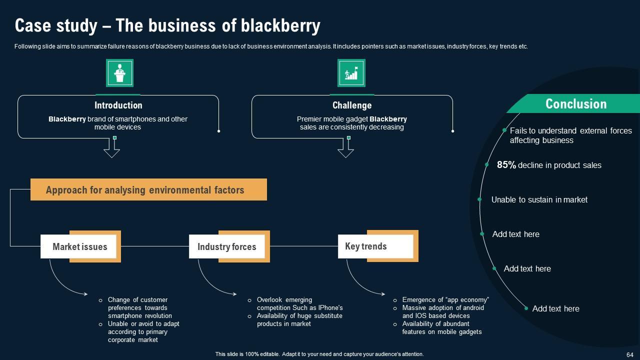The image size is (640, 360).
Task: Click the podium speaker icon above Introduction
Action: (x=119, y=73)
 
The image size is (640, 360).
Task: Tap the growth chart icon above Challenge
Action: (x=351, y=73)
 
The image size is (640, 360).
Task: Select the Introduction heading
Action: (x=118, y=105)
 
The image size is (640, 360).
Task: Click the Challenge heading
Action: (x=352, y=105)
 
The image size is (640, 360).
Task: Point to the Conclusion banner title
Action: (x=575, y=104)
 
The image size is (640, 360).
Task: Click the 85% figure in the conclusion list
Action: (x=506, y=165)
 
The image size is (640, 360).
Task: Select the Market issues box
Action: (x=80, y=246)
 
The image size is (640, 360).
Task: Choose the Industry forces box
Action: (x=226, y=246)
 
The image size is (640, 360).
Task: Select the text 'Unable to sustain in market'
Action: (x=539, y=199)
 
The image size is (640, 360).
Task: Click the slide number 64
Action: (x=629, y=354)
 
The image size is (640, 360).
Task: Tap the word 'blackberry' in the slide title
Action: (x=280, y=25)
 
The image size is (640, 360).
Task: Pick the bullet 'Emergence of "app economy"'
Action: (x=445, y=300)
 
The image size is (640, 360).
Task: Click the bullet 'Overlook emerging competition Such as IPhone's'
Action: (x=299, y=304)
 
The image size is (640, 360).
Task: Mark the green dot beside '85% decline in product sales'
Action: (x=486, y=164)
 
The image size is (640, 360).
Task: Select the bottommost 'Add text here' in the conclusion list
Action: (x=555, y=308)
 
